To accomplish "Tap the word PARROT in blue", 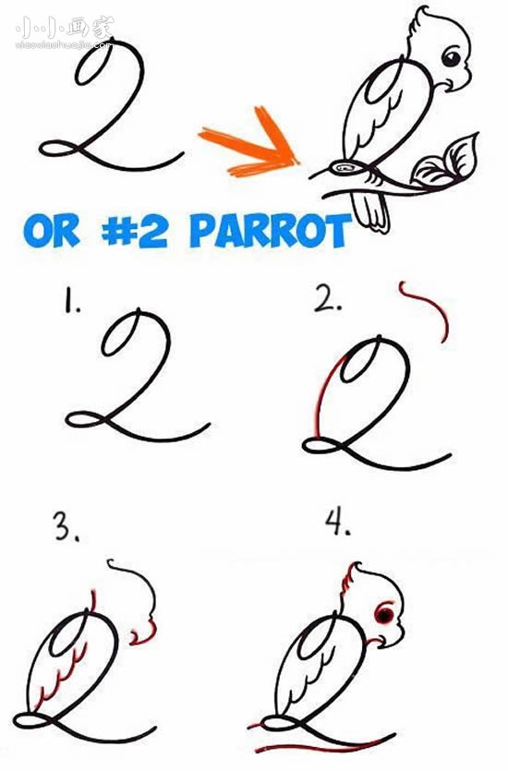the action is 271,231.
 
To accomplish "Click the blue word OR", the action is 51,231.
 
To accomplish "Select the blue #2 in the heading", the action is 134,231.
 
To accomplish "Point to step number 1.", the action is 72,301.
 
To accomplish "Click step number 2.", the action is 328,298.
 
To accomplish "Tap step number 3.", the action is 67,526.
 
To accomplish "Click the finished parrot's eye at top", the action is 451,57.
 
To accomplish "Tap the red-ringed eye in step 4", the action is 384,614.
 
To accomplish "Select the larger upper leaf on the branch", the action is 461,156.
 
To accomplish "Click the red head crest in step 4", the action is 349,580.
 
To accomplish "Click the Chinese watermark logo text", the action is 65,28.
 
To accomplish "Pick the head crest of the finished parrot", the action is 418,25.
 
